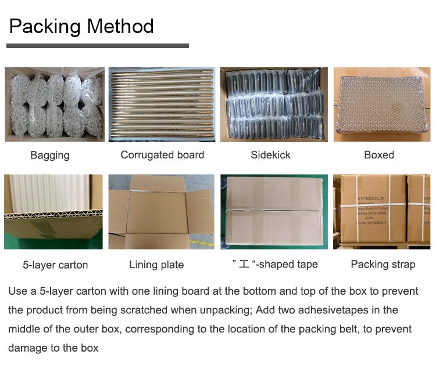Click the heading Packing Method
81,26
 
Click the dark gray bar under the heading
98,46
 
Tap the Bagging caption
50,155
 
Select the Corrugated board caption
162,155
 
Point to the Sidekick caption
270,155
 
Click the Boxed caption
379,155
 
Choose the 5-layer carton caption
55,265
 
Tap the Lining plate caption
156,265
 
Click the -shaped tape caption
275,265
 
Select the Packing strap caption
383,265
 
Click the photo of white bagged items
55,104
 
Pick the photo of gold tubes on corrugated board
162,104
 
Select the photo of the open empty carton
162,212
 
